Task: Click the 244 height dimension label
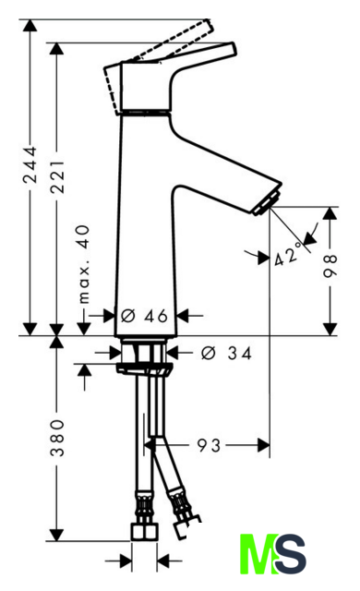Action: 30,165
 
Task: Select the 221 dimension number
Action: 57,176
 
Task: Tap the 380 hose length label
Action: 57,437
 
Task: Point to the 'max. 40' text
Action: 84,264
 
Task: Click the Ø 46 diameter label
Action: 144,316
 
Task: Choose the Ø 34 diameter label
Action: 226,353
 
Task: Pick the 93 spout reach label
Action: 209,445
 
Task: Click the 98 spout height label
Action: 330,266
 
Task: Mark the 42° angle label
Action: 288,254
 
